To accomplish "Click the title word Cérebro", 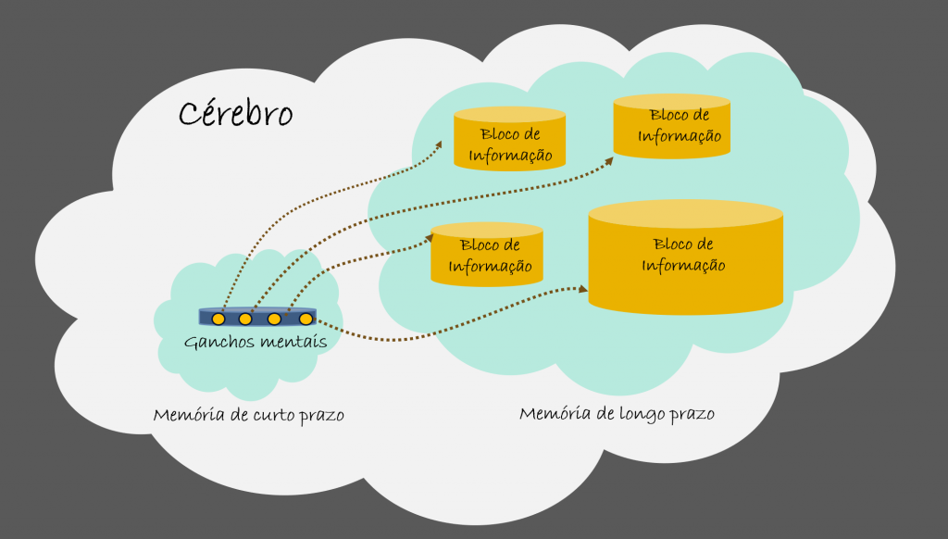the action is [x=236, y=113].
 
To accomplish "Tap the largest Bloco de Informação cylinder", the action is [x=686, y=257].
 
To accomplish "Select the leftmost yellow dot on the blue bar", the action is [x=218, y=319].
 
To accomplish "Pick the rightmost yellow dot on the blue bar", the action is [x=306, y=319].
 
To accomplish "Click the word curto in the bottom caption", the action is [x=275, y=416].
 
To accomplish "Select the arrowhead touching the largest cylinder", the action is [x=583, y=289].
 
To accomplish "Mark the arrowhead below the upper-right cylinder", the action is [x=608, y=161].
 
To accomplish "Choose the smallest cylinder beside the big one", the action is [x=487, y=255].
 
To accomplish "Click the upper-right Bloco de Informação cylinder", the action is [x=672, y=127].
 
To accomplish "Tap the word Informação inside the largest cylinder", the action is [x=683, y=266].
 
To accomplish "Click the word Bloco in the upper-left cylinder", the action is [x=494, y=133].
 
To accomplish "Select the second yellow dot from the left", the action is [x=244, y=319].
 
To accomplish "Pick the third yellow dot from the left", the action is [x=274, y=319].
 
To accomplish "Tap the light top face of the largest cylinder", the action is [x=686, y=214].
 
